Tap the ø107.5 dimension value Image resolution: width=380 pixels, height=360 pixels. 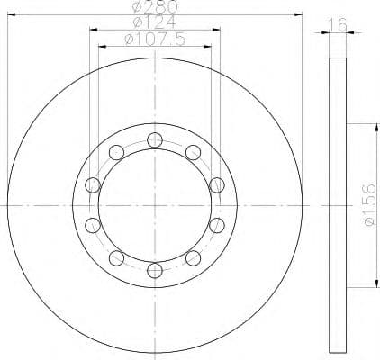pyautogui.click(x=154, y=39)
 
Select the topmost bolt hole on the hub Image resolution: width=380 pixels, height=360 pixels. pyautogui.click(x=154, y=139)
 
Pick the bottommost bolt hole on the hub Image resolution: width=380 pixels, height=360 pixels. pyautogui.click(x=154, y=269)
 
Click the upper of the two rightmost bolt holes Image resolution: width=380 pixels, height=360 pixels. pyautogui.click(x=216, y=184)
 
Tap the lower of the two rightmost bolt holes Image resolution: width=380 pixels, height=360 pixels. pyautogui.click(x=216, y=224)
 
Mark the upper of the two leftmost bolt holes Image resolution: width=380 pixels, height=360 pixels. pyautogui.click(x=92, y=184)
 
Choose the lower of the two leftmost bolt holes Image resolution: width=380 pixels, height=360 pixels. pyautogui.click(x=92, y=224)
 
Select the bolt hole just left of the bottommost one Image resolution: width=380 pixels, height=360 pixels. pyautogui.click(x=116, y=257)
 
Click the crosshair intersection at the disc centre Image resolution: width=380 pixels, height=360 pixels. pyautogui.click(x=154, y=204)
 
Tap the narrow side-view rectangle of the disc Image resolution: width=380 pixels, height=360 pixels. pyautogui.click(x=337, y=203)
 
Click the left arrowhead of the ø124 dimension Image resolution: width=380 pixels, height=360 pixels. pyautogui.click(x=93, y=29)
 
